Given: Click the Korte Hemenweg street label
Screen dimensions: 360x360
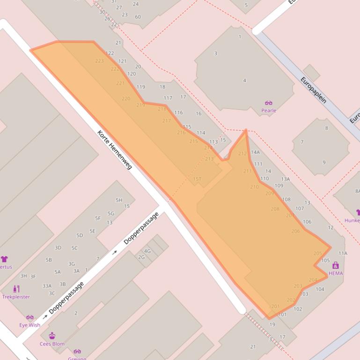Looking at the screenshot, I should click(115, 149).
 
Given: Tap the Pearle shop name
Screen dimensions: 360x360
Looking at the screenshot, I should click(269, 111).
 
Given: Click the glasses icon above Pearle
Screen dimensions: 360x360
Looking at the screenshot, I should click(269, 103).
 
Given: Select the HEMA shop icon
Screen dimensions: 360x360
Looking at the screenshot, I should click(335, 266).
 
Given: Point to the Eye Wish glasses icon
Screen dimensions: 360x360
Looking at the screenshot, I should click(30, 317).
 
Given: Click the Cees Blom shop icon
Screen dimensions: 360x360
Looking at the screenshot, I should click(52, 336).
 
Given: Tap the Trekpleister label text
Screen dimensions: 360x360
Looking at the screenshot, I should click(16, 297).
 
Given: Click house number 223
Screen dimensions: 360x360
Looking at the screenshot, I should click(99, 61).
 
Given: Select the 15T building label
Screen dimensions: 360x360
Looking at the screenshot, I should click(197, 179).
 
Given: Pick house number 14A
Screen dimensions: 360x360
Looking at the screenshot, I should click(255, 152).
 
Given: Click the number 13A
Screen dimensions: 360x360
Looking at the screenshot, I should click(286, 179).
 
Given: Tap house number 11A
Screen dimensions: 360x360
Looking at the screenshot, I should click(343, 253).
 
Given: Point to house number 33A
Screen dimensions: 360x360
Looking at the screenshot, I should click(47, 286).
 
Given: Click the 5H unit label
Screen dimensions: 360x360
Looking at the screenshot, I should click(119, 200).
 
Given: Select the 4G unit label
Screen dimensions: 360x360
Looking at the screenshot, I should click(147, 251).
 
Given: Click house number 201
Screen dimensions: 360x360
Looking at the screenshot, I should click(275, 307).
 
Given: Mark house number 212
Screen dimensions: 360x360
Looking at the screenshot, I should click(242, 153).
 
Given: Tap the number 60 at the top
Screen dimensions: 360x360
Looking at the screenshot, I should click(138, 17).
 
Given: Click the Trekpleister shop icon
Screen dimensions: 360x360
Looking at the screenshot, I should click(16, 288).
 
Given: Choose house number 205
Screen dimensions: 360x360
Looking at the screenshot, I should click(318, 253).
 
